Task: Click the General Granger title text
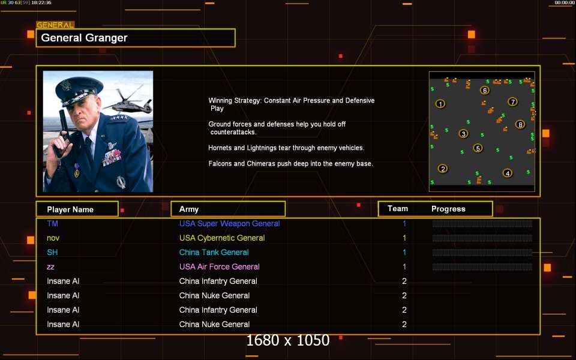(x=84, y=38)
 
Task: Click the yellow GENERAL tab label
(x=55, y=25)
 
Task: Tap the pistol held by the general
(x=63, y=133)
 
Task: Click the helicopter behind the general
(x=128, y=100)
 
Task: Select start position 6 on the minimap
(x=485, y=91)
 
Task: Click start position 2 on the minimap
(x=443, y=169)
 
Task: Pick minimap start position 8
(x=520, y=125)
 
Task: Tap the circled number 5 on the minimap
(x=478, y=148)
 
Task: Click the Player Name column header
(x=70, y=209)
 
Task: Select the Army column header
(x=189, y=209)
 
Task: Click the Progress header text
(x=448, y=209)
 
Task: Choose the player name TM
(x=53, y=223)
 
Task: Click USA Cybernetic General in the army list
(x=222, y=238)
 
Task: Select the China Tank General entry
(x=214, y=253)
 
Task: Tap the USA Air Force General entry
(x=220, y=266)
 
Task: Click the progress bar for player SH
(x=482, y=253)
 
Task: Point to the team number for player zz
(x=404, y=266)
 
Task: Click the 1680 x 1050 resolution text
(x=287, y=341)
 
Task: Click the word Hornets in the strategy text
(x=220, y=148)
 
